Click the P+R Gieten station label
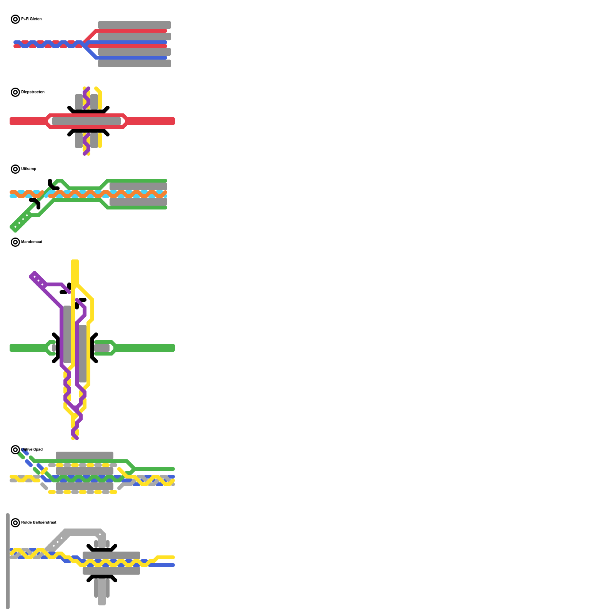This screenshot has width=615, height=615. click(31, 19)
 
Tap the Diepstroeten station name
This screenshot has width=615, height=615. click(33, 92)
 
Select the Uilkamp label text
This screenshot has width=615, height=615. click(28, 169)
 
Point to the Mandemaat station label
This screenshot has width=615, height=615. click(32, 242)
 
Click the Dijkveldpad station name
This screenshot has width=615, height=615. click(32, 449)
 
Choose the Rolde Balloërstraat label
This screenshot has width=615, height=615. click(38, 522)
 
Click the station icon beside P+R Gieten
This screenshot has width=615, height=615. click(15, 19)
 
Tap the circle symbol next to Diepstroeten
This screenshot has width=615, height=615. click(15, 92)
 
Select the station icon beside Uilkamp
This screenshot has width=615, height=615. click(15, 169)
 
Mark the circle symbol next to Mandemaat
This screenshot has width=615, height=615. click(15, 242)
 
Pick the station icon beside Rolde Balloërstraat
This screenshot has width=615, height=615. click(15, 523)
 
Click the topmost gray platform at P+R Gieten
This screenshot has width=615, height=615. click(135, 25)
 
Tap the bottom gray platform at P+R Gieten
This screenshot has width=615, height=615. click(135, 63)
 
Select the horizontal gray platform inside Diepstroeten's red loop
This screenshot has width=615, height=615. click(86, 121)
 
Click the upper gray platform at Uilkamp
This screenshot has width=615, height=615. click(138, 186)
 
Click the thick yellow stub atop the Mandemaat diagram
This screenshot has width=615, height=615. click(75, 271)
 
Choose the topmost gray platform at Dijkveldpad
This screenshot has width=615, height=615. click(85, 455)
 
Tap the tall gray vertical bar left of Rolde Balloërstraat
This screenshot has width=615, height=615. click(8, 561)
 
